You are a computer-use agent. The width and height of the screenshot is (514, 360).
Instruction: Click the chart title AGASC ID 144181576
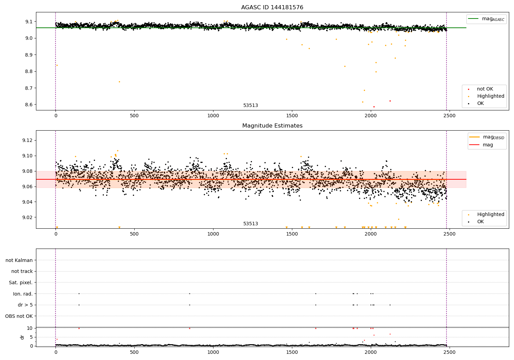272,7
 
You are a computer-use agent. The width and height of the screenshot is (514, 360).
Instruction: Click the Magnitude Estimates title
272,125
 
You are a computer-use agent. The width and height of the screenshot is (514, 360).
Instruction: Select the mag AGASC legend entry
486,19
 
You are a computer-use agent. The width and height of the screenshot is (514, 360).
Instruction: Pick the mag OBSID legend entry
487,137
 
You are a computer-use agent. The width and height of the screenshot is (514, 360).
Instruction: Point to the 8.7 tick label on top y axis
29,88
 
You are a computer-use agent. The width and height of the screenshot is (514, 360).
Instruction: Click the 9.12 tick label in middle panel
27,140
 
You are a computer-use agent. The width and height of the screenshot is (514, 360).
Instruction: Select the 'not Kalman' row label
19,260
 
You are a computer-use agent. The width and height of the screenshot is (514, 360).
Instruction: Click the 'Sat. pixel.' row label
21,283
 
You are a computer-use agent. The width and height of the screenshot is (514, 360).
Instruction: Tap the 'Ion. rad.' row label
23,294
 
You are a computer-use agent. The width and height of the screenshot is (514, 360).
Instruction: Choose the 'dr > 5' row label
25,305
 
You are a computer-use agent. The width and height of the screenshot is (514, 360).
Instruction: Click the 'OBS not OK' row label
19,316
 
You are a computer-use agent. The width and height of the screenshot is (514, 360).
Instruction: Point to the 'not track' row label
22,272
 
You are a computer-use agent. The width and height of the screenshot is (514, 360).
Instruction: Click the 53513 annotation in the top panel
250,105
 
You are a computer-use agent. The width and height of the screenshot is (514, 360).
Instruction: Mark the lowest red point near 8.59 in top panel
374,107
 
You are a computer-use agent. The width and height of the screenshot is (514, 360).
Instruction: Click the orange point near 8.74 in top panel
119,82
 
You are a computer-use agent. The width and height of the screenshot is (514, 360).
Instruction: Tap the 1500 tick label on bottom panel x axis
292,352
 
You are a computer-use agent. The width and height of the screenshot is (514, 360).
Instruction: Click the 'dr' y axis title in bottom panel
22,337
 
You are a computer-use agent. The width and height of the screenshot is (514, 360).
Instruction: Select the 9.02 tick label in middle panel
27,217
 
